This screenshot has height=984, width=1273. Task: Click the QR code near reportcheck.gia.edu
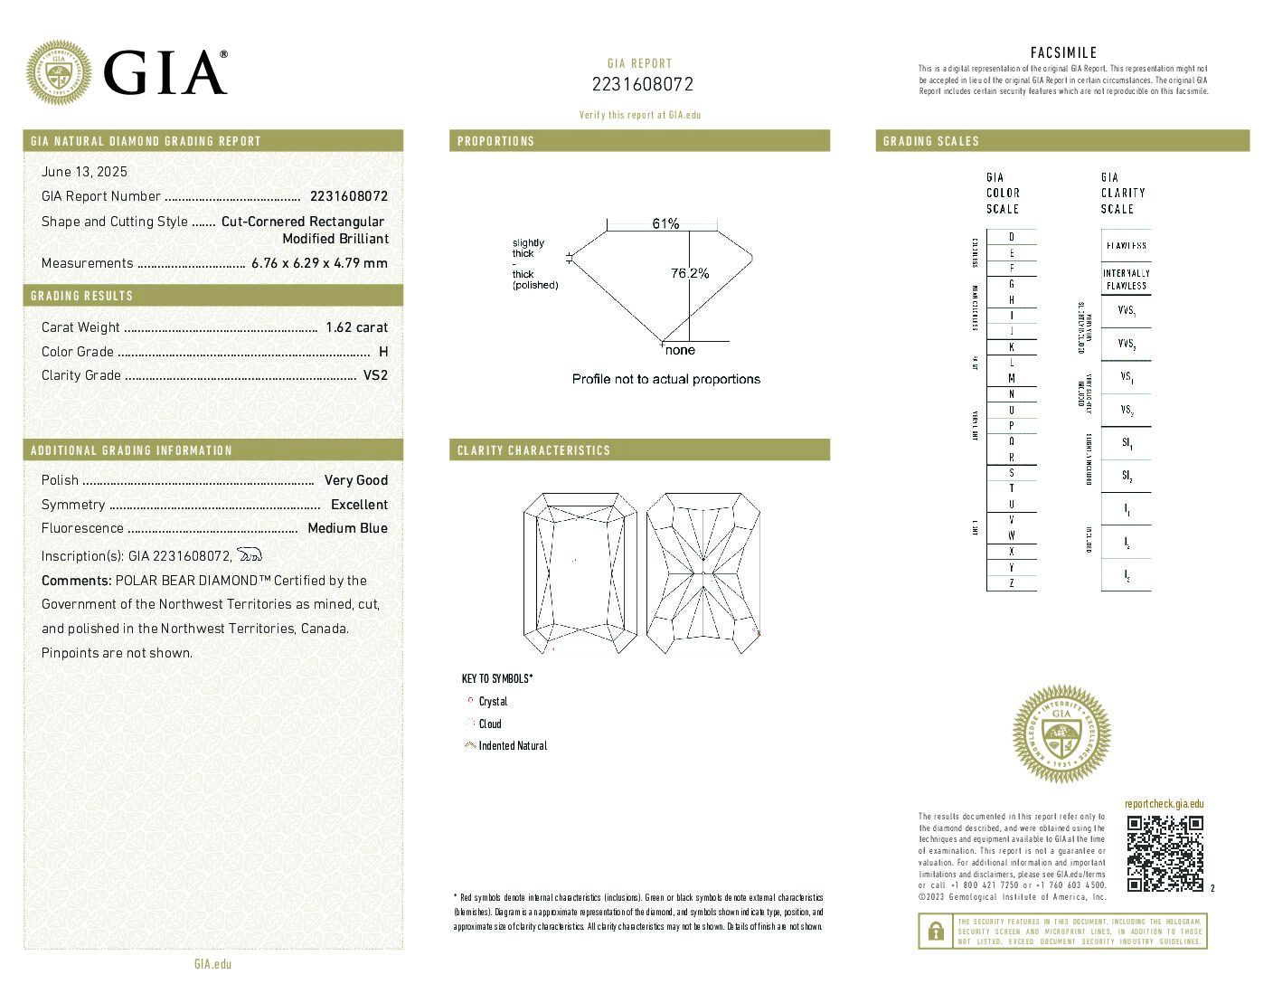pyautogui.click(x=1165, y=854)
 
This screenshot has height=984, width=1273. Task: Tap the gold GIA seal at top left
pyautogui.click(x=59, y=72)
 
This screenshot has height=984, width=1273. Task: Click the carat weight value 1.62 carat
pyautogui.click(x=356, y=327)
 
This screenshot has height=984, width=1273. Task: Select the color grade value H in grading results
pyautogui.click(x=383, y=352)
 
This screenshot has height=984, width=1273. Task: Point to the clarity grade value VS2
pyautogui.click(x=375, y=375)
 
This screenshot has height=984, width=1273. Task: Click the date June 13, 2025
pyautogui.click(x=84, y=172)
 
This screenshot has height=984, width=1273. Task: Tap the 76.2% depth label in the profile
pyautogui.click(x=690, y=273)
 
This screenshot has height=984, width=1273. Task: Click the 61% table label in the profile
pyautogui.click(x=665, y=223)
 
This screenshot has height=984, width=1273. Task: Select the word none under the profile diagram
pyautogui.click(x=680, y=350)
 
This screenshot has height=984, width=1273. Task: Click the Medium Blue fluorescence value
pyautogui.click(x=347, y=528)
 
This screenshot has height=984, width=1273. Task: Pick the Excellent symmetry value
pyautogui.click(x=359, y=505)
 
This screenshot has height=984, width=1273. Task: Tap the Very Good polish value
pyautogui.click(x=355, y=480)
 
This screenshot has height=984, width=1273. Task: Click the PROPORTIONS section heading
pyautogui.click(x=495, y=141)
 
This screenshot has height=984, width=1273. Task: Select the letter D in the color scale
pyautogui.click(x=1011, y=237)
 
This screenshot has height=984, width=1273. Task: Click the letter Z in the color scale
pyautogui.click(x=1011, y=583)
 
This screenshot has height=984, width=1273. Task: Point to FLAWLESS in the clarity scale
pyautogui.click(x=1126, y=245)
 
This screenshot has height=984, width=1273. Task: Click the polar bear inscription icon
pyautogui.click(x=250, y=554)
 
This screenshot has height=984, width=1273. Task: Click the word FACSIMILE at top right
pyautogui.click(x=1063, y=53)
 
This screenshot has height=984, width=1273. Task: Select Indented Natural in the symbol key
pyautogui.click(x=512, y=746)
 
